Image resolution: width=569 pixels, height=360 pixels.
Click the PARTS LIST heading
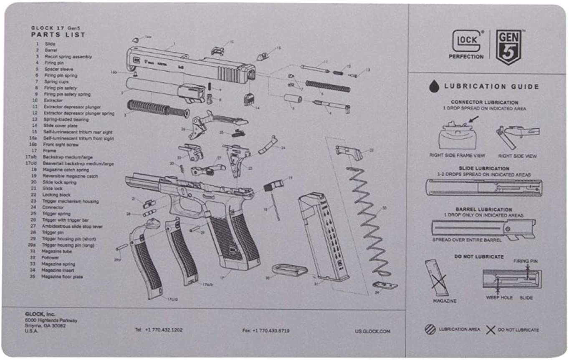coord(58,35)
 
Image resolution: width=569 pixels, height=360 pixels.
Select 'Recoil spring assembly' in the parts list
coord(68,56)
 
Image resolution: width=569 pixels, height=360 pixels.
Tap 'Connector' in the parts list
coord(53,207)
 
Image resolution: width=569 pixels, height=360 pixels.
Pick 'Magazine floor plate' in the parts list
coord(62,277)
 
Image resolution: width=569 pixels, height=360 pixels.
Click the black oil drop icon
coord(434,86)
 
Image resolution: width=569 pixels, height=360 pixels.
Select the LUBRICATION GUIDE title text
coord(491,87)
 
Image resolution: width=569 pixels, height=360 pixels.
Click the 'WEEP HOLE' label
coord(499,298)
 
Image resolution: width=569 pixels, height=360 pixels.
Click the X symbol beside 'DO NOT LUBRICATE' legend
coord(491,330)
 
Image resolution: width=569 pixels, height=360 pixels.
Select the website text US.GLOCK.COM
coord(372,331)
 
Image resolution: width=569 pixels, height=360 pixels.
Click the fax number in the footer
coord(266,331)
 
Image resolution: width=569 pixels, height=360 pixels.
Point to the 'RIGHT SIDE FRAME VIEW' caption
coord(457,156)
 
